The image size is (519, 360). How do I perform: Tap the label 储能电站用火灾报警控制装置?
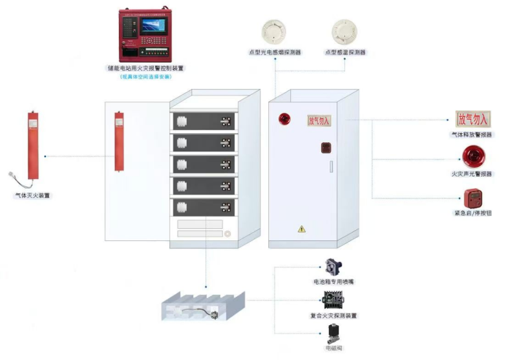[x=145, y=67]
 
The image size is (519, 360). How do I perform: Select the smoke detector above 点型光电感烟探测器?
[x=274, y=31]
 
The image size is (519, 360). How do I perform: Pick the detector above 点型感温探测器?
[x=345, y=31]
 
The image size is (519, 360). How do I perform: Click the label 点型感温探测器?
[x=345, y=52]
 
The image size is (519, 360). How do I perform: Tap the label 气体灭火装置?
[x=32, y=194]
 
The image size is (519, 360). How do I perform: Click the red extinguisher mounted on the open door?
[x=119, y=141]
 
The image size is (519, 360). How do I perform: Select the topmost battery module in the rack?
[x=203, y=121]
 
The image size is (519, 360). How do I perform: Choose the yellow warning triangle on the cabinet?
[x=301, y=228]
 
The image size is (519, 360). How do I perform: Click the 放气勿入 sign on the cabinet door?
[x=319, y=120]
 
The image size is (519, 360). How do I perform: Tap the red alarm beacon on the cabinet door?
[x=283, y=118]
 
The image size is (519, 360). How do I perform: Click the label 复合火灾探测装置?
[x=334, y=316]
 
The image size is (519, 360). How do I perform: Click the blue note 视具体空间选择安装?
[x=145, y=76]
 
